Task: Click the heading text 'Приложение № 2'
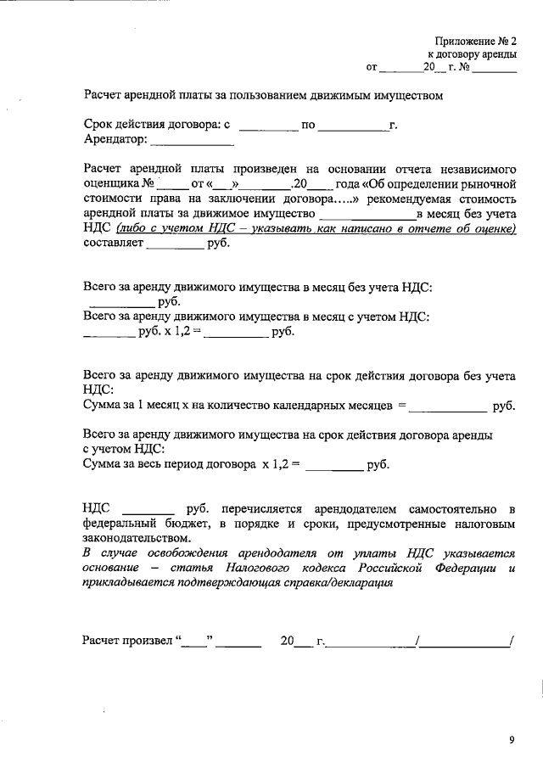click(474, 41)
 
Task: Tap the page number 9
click(512, 739)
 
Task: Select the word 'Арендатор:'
click(115, 139)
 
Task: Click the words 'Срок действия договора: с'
click(157, 125)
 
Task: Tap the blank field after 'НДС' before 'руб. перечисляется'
click(149, 509)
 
